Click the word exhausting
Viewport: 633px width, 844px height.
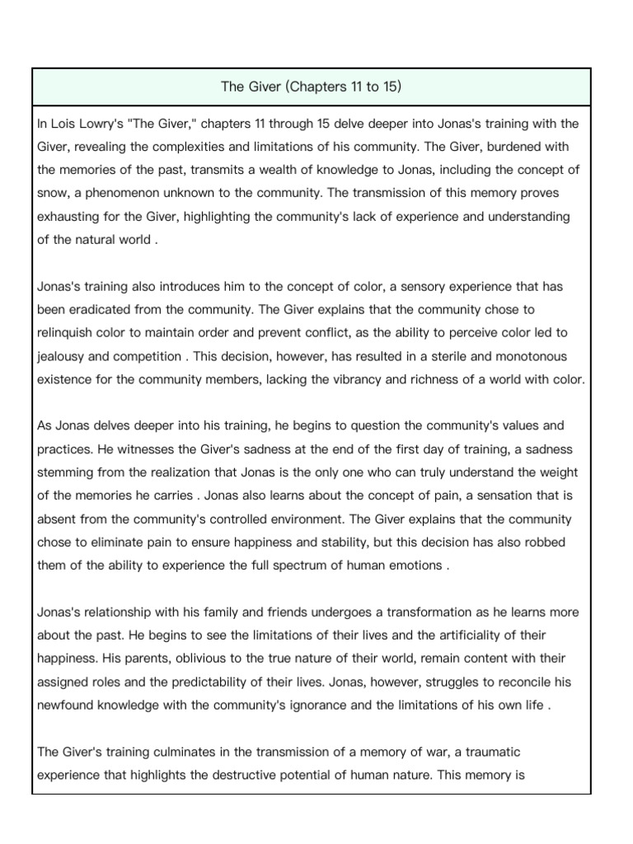coord(72,217)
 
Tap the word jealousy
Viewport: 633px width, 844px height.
coord(66,356)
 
